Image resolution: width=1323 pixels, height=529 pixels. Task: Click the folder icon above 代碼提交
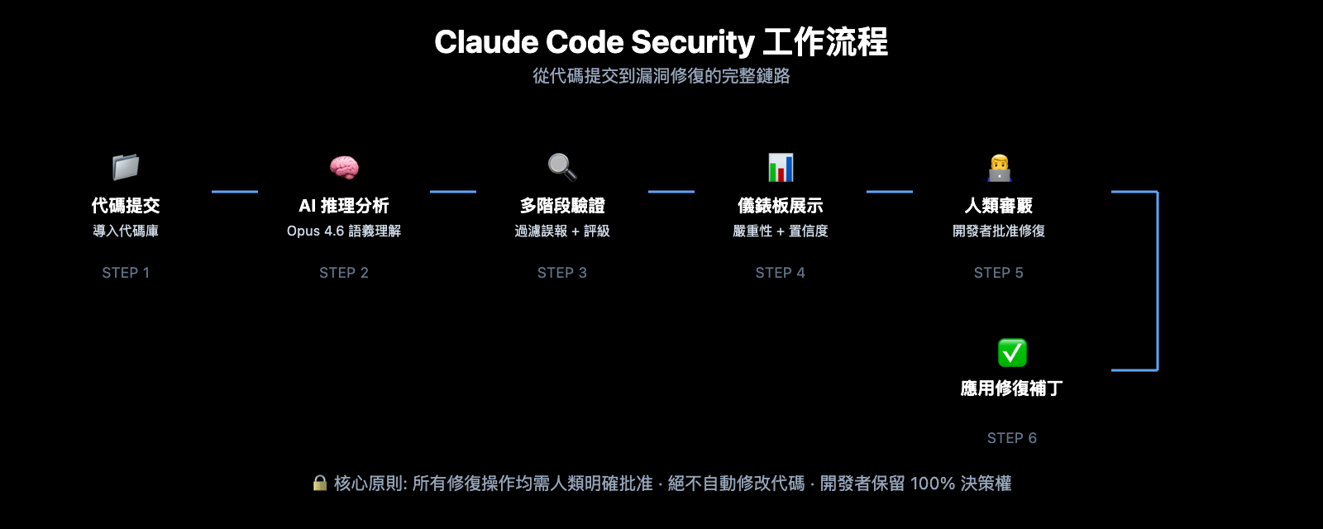coord(126,167)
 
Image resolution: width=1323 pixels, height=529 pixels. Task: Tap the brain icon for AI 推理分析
coord(344,167)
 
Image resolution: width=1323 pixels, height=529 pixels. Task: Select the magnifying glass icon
coord(562,167)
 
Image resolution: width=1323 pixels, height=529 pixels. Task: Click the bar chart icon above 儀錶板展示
coord(781,167)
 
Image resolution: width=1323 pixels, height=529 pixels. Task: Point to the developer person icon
coord(999,167)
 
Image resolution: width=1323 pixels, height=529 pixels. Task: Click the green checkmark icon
coord(1012,353)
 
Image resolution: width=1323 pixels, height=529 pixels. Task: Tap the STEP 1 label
coord(126,273)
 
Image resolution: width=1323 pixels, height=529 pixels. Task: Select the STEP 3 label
coord(562,273)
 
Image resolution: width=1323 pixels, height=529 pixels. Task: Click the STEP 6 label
coord(1012,438)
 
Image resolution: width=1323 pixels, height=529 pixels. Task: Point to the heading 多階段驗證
coord(562,206)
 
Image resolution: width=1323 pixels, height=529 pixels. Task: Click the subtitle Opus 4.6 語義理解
coord(344,231)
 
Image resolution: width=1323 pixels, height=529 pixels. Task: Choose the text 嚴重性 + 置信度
coord(781,231)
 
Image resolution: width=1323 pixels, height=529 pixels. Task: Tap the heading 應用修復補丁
coord(1012,388)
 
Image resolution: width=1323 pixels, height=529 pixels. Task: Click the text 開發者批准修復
coord(999,231)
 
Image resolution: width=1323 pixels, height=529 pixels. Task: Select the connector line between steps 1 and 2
coord(235,192)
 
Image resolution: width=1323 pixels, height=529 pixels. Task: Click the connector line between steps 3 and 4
coord(671,192)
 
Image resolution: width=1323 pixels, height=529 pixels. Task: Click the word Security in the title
coord(693,42)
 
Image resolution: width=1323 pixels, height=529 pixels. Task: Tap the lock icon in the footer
coord(320,483)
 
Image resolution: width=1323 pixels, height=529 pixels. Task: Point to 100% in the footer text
coord(932,484)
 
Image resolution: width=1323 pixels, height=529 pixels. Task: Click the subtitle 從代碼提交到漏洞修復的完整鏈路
coord(661,76)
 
